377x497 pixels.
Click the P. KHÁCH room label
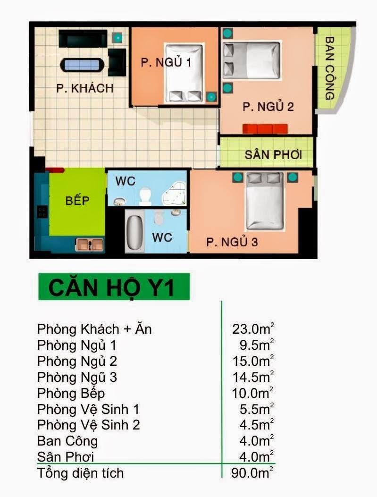(x=84, y=88)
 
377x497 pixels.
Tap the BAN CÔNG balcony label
(x=330, y=68)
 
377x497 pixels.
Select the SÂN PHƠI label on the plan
(x=273, y=155)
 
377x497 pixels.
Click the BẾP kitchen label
(x=77, y=200)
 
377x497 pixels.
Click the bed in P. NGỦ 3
(x=265, y=200)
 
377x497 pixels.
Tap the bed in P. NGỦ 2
(x=251, y=60)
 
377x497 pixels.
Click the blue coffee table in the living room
(x=82, y=65)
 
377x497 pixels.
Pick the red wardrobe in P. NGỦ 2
(x=265, y=129)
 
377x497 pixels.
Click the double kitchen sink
(x=90, y=244)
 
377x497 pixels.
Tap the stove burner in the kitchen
(x=42, y=212)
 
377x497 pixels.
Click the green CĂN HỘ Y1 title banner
(x=114, y=287)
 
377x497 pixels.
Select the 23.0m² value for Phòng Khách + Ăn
(x=252, y=329)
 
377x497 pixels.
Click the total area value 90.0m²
(x=252, y=473)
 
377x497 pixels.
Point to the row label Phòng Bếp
(x=71, y=393)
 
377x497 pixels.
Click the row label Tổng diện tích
(x=81, y=473)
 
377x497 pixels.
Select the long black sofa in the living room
(x=83, y=39)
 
